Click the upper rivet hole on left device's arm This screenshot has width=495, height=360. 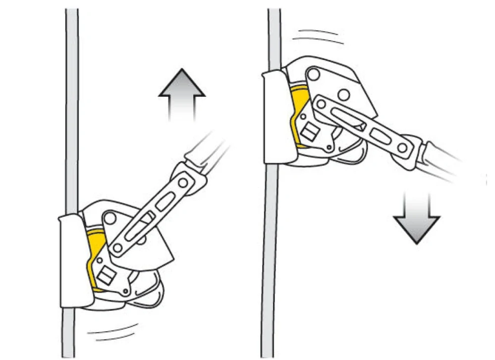click(x=183, y=183)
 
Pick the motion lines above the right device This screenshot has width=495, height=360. click(x=318, y=36)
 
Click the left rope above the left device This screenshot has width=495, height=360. click(x=72, y=99)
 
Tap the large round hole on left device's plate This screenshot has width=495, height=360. click(x=110, y=218)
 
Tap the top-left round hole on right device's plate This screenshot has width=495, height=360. click(x=313, y=74)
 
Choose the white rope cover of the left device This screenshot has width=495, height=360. click(x=74, y=260)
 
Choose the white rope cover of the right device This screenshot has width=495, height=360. click(x=275, y=117)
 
